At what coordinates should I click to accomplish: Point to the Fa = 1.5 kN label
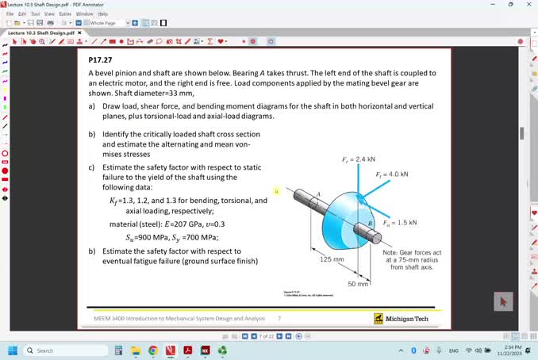coord(399,223)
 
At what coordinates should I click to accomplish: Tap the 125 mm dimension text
coord(331,259)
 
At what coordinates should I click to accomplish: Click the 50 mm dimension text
coord(358,283)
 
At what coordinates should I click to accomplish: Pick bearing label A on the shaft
coord(318,194)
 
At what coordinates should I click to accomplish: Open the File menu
coord(10,13)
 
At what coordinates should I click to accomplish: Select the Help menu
coord(102,13)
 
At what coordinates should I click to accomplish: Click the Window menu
coord(84,13)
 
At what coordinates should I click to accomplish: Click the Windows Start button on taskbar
coord(13,350)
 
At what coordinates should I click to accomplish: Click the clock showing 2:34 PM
coord(513,347)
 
